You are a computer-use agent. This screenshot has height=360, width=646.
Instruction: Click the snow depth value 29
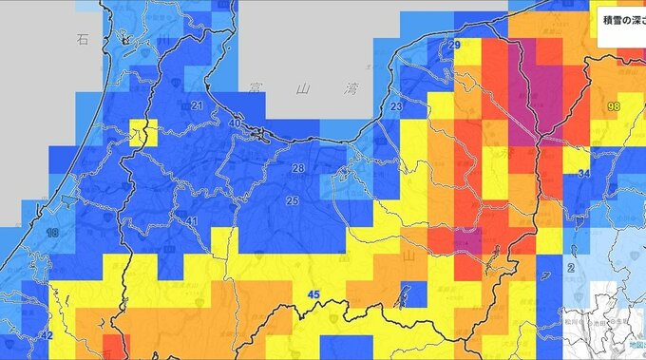click(x=454, y=45)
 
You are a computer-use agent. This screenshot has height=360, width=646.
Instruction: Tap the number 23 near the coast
click(x=395, y=107)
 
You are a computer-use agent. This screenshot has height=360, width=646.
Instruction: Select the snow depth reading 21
click(x=196, y=105)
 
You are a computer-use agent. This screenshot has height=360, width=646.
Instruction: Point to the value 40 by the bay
click(x=235, y=122)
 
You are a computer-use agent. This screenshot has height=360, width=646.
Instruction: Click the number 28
click(x=297, y=168)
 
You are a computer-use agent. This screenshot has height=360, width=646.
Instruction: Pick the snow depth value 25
click(x=292, y=199)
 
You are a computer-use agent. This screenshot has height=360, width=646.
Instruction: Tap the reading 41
click(x=192, y=221)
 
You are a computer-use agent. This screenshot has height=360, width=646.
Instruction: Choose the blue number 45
click(x=313, y=294)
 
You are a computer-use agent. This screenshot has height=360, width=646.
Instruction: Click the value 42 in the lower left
click(x=47, y=336)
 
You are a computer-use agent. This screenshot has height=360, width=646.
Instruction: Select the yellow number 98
click(x=613, y=107)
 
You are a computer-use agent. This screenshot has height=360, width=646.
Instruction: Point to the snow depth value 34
click(x=583, y=175)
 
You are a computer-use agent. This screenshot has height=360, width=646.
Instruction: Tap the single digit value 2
click(x=571, y=269)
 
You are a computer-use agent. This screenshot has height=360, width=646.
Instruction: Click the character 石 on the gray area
click(x=84, y=40)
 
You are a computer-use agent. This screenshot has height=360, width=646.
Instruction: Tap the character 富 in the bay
click(x=255, y=88)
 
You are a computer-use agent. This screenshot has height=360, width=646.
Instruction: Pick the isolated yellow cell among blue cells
click(x=143, y=131)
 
